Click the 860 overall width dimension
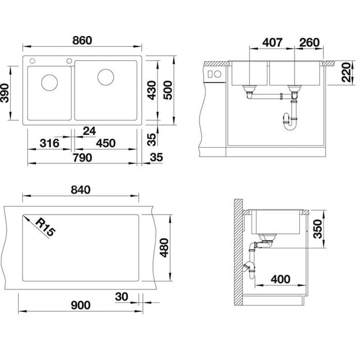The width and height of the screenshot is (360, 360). coord(82,41)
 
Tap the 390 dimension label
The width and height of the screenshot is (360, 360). coord(4,93)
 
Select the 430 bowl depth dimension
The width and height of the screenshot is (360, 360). coord(152,90)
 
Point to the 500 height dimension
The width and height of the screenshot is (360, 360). coord(168,90)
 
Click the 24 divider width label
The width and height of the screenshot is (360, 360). coord(89,131)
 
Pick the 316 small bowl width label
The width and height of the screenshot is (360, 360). coord(49,143)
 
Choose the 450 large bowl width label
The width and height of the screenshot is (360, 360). coord(105,143)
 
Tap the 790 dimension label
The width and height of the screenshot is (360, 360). coord(82,158)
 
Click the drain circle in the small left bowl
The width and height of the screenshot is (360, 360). coord(49,82)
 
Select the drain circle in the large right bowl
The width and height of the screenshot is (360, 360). coord(105,77)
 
